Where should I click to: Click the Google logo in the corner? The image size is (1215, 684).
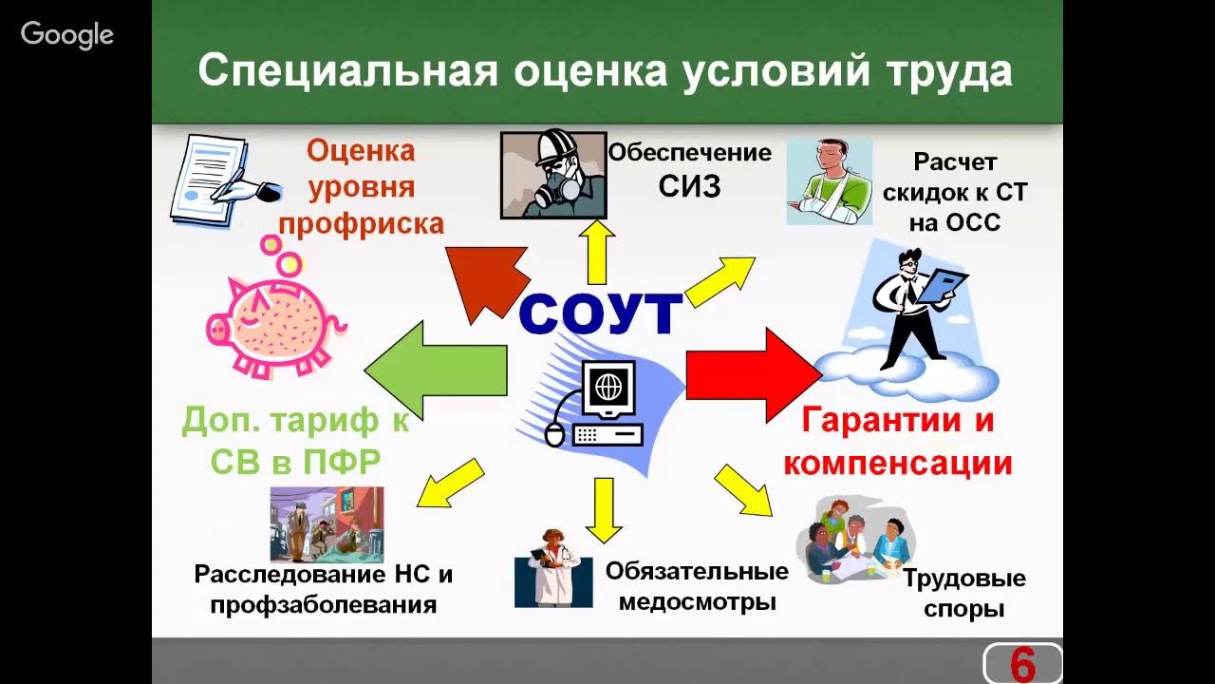67,35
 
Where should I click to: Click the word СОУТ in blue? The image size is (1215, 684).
602,314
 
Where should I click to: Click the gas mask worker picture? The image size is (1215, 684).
553,175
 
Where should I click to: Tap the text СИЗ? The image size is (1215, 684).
690,186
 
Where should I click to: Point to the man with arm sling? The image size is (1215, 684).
829,180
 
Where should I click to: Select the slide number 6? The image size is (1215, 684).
1022,664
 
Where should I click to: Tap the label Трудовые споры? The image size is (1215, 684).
963,593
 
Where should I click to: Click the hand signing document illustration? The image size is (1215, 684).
223,180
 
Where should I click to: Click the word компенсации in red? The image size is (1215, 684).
898,463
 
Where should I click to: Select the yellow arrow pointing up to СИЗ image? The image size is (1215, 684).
597,251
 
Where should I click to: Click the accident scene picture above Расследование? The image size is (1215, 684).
327,523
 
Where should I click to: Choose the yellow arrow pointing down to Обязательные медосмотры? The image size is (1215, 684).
603,509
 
